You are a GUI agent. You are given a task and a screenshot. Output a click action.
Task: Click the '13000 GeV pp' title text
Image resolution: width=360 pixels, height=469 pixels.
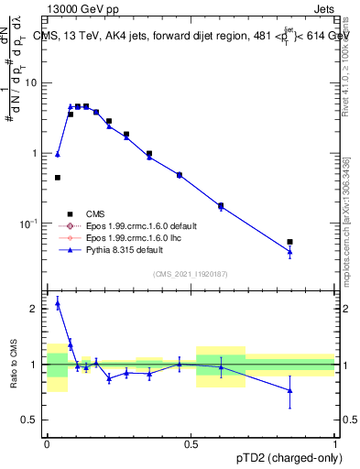[x=80, y=11]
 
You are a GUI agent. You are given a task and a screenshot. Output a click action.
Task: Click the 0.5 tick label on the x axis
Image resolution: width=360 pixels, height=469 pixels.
[x=191, y=444]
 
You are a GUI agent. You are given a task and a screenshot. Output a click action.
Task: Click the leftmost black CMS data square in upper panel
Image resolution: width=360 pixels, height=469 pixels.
[x=58, y=178]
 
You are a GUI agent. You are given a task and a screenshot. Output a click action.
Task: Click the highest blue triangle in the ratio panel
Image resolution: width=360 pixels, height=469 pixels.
[x=58, y=303]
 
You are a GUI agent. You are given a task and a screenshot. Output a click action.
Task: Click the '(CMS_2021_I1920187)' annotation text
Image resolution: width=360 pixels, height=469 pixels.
[x=190, y=273]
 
